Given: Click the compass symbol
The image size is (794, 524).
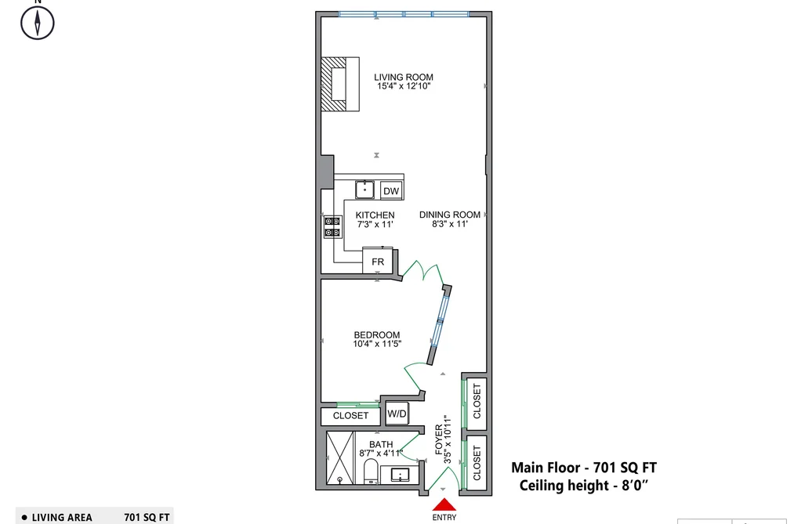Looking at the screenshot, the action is tap(38, 23).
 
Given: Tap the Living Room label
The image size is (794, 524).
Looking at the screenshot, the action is tap(404, 78).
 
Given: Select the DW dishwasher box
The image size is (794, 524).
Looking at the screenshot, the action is tap(391, 190).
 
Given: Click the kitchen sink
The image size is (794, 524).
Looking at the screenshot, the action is tap(364, 190).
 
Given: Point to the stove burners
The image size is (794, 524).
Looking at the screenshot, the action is tap(332, 226).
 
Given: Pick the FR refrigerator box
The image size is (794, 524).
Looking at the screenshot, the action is tap(378, 261).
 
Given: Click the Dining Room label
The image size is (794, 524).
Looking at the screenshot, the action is tap(450, 215).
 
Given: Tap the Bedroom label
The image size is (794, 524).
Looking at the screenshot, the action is tap(377, 334).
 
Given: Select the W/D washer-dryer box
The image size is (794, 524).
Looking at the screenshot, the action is tap(397, 414).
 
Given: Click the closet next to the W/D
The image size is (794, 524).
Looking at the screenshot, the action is tap(350, 416).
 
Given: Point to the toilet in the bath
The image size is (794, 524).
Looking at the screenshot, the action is tap(370, 471).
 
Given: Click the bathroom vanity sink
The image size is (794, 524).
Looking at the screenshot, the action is tap(400, 475).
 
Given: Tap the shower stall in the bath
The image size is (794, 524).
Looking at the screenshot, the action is tap(339, 457).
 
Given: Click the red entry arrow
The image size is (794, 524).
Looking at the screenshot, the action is tap(444, 505).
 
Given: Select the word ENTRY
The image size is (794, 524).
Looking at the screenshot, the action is tap(444, 518).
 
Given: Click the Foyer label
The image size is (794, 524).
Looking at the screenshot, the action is tap(438, 439).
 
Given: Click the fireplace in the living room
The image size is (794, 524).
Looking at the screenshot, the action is tap(340, 84).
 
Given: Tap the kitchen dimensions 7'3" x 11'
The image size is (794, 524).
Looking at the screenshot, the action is tap(375, 224).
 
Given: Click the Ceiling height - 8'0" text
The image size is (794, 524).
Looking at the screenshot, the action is tap(584, 485).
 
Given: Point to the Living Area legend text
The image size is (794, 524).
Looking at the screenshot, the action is tap(62, 518).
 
